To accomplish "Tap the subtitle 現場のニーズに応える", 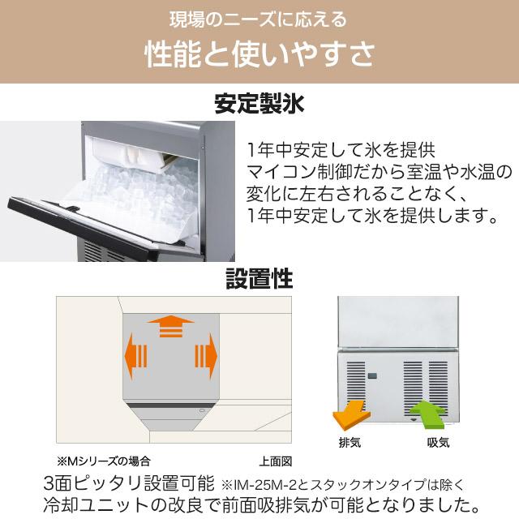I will point(259,18).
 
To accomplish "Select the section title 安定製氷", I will point(259,104).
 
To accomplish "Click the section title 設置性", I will point(259,279).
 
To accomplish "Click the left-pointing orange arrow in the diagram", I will point(135,358).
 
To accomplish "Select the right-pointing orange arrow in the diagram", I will point(206,358).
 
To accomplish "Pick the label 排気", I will point(350,444).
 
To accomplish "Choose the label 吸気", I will point(438,444).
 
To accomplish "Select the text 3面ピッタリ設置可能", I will point(130,483).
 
